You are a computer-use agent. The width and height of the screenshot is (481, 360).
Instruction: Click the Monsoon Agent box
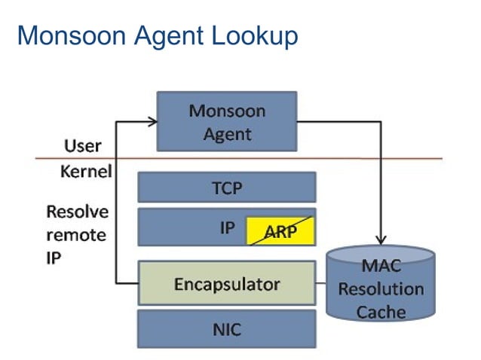[226, 122]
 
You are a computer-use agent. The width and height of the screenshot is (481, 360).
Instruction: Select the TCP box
[226, 188]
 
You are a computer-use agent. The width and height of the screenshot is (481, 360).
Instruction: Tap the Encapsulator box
[226, 283]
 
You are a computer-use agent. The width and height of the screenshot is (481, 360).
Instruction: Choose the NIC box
[226, 328]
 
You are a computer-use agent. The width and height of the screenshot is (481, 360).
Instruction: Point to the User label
[82, 145]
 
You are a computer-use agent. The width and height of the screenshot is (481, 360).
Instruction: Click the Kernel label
[85, 172]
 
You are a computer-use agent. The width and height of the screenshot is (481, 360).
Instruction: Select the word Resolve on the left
[77, 211]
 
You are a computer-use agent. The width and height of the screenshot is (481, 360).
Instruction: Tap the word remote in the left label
[77, 233]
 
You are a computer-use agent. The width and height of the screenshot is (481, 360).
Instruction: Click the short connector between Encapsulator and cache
[321, 283]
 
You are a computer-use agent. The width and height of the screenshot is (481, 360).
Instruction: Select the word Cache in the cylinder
[381, 311]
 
